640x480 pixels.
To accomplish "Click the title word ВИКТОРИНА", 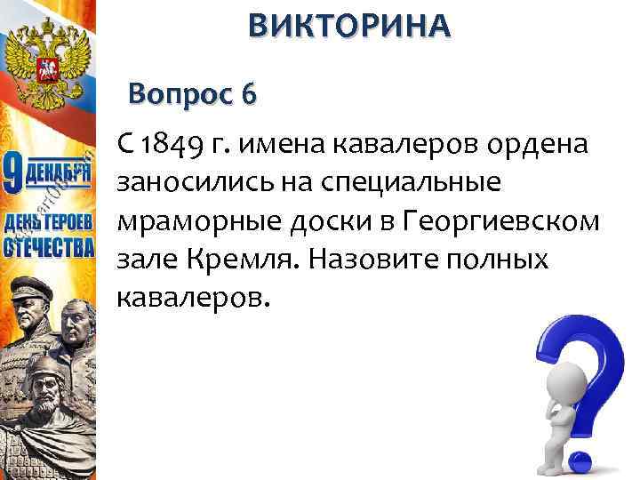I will coord(349,26).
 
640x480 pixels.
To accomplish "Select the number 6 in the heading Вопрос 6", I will coord(246,93).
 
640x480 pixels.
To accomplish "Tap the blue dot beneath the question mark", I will coord(578,460).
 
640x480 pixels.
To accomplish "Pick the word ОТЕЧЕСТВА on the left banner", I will coord(49,244).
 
